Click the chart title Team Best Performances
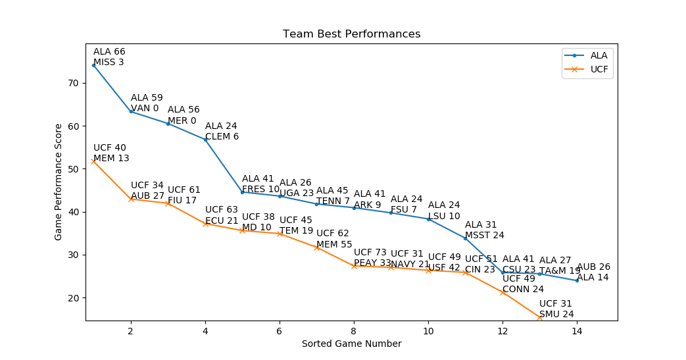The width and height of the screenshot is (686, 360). click(x=351, y=34)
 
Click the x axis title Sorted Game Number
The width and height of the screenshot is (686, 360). click(x=351, y=344)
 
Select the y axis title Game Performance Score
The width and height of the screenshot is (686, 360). click(x=59, y=182)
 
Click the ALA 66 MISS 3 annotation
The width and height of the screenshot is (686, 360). click(x=109, y=57)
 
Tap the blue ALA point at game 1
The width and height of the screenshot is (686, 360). click(x=93, y=65)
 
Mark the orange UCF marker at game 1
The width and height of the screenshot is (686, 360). click(x=93, y=161)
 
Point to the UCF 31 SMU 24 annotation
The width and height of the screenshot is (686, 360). click(x=556, y=309)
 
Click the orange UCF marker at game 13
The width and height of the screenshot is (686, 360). click(x=539, y=317)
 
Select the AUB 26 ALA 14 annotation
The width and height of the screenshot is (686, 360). click(x=593, y=272)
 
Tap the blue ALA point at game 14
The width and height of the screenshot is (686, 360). click(x=577, y=280)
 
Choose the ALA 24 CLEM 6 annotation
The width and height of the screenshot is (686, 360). click(x=222, y=132)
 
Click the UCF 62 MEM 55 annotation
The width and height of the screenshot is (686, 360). click(x=334, y=239)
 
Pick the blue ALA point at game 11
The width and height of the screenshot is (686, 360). click(x=465, y=238)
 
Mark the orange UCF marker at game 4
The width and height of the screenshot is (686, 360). click(x=205, y=224)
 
